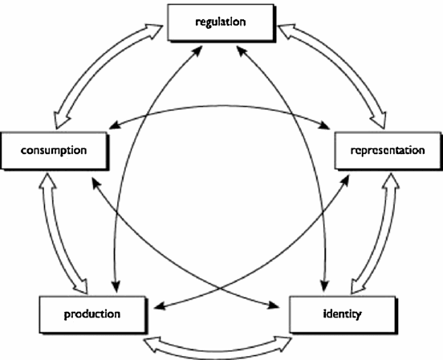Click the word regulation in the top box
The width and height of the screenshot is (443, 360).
tap(221, 22)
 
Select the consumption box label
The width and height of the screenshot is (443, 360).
tap(54, 150)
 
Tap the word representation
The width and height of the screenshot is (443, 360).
tap(388, 150)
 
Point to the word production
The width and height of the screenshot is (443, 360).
tap(92, 314)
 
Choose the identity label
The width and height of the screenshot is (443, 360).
tap(342, 314)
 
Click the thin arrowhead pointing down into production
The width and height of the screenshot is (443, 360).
tap(116, 286)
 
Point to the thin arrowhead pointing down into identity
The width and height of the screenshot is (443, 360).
tap(324, 286)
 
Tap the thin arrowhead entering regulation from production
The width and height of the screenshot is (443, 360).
tap(198, 51)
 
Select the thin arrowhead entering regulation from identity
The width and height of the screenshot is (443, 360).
tap(242, 51)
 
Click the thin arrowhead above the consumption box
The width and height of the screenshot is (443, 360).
tap(115, 125)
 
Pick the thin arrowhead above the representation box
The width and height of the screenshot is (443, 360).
tap(323, 125)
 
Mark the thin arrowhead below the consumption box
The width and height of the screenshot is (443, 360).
tap(96, 183)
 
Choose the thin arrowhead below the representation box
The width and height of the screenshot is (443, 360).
tap(344, 180)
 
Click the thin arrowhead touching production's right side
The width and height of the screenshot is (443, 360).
tap(160, 306)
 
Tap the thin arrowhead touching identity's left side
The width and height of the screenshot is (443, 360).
tap(273, 305)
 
